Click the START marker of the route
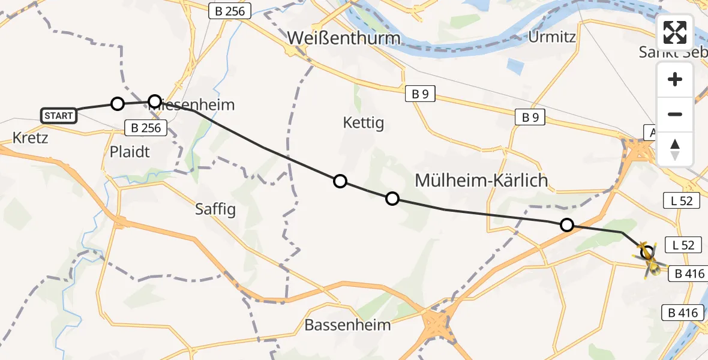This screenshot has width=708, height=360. (x=59, y=115)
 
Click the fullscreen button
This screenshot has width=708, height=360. (x=675, y=32)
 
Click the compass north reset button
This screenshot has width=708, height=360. (x=675, y=149)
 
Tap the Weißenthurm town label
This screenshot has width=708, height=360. (x=343, y=38)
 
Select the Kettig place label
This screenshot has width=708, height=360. (x=363, y=123)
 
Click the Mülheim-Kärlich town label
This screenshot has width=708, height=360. (x=482, y=179)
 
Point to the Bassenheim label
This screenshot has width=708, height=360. (x=347, y=325)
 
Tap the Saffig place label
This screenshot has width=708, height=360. (x=215, y=209)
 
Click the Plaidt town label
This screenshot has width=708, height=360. (x=130, y=151)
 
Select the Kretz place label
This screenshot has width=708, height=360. (x=30, y=138)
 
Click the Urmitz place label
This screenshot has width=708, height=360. (x=552, y=37)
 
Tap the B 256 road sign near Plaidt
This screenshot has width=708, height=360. (x=143, y=127)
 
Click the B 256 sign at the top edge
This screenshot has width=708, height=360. (x=230, y=10)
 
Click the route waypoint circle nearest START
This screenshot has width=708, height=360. (x=118, y=104)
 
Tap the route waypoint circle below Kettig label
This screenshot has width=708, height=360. (x=340, y=181)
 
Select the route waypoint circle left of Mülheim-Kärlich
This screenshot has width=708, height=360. (x=392, y=199)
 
